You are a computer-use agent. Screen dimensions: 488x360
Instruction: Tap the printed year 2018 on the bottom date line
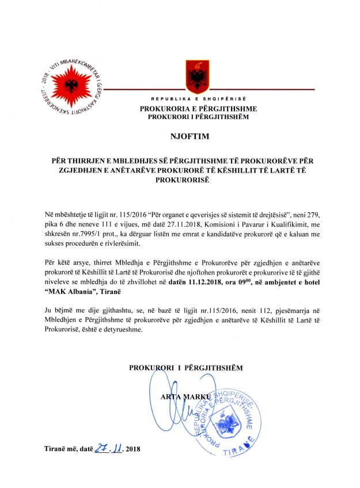[133, 448]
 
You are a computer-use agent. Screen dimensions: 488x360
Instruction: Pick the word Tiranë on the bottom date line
[55, 448]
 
